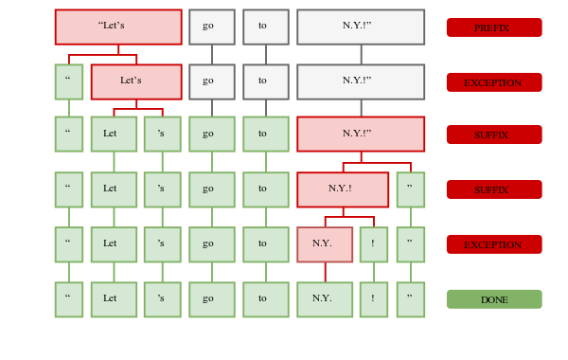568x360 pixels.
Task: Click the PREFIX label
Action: click(x=494, y=27)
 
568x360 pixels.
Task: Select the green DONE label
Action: click(x=494, y=299)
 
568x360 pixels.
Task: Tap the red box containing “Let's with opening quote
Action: click(x=118, y=27)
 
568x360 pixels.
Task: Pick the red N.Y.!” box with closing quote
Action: click(x=361, y=134)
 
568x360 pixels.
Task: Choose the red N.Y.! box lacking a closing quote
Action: click(x=343, y=189)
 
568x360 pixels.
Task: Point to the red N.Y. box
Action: click(x=325, y=244)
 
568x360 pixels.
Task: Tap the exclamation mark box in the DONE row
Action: click(x=374, y=299)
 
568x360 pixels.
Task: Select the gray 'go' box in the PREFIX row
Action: click(x=211, y=27)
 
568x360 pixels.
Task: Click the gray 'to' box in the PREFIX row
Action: click(x=265, y=27)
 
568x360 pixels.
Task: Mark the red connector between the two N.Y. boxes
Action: click(x=326, y=272)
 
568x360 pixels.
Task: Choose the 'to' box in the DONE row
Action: click(x=265, y=299)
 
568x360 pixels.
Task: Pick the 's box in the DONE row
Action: click(x=162, y=299)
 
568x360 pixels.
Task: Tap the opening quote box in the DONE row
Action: click(x=69, y=299)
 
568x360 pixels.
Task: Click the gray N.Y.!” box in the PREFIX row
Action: click(x=361, y=27)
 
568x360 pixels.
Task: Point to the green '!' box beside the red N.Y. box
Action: click(x=374, y=244)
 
